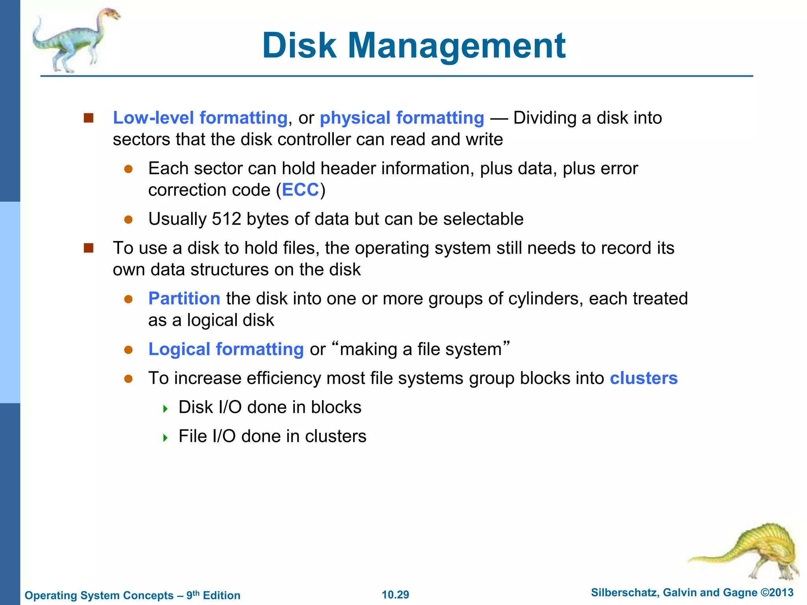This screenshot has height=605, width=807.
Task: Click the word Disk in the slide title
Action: [x=299, y=46]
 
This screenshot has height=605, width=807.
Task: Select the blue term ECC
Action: [x=300, y=190]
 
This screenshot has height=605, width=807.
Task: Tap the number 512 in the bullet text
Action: [x=226, y=219]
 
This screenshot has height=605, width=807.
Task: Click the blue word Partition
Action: [x=184, y=299]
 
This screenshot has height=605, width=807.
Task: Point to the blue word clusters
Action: [x=643, y=378]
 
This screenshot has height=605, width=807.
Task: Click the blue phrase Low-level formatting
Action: [x=200, y=118]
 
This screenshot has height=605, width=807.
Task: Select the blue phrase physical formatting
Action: [x=402, y=118]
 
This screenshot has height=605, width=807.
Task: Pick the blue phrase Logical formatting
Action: [x=226, y=349]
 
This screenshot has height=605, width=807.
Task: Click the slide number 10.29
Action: [x=395, y=595]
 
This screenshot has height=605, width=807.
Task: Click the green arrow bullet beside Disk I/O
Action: [x=165, y=408]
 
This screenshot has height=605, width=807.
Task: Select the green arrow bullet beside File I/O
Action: [x=165, y=438]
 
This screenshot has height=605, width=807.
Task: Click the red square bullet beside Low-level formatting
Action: [x=89, y=118]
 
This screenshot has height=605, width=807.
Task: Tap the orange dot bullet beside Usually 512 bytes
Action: [x=128, y=219]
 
